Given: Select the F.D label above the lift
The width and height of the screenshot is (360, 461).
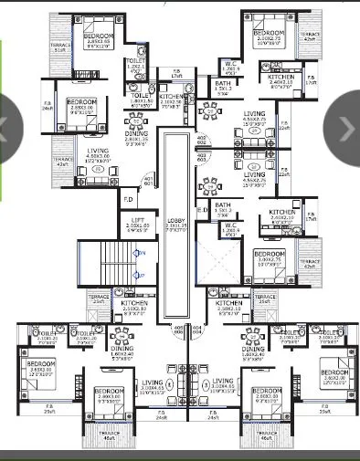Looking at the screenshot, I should [129, 198].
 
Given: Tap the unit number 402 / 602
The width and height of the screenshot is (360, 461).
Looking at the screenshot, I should [202, 138].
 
